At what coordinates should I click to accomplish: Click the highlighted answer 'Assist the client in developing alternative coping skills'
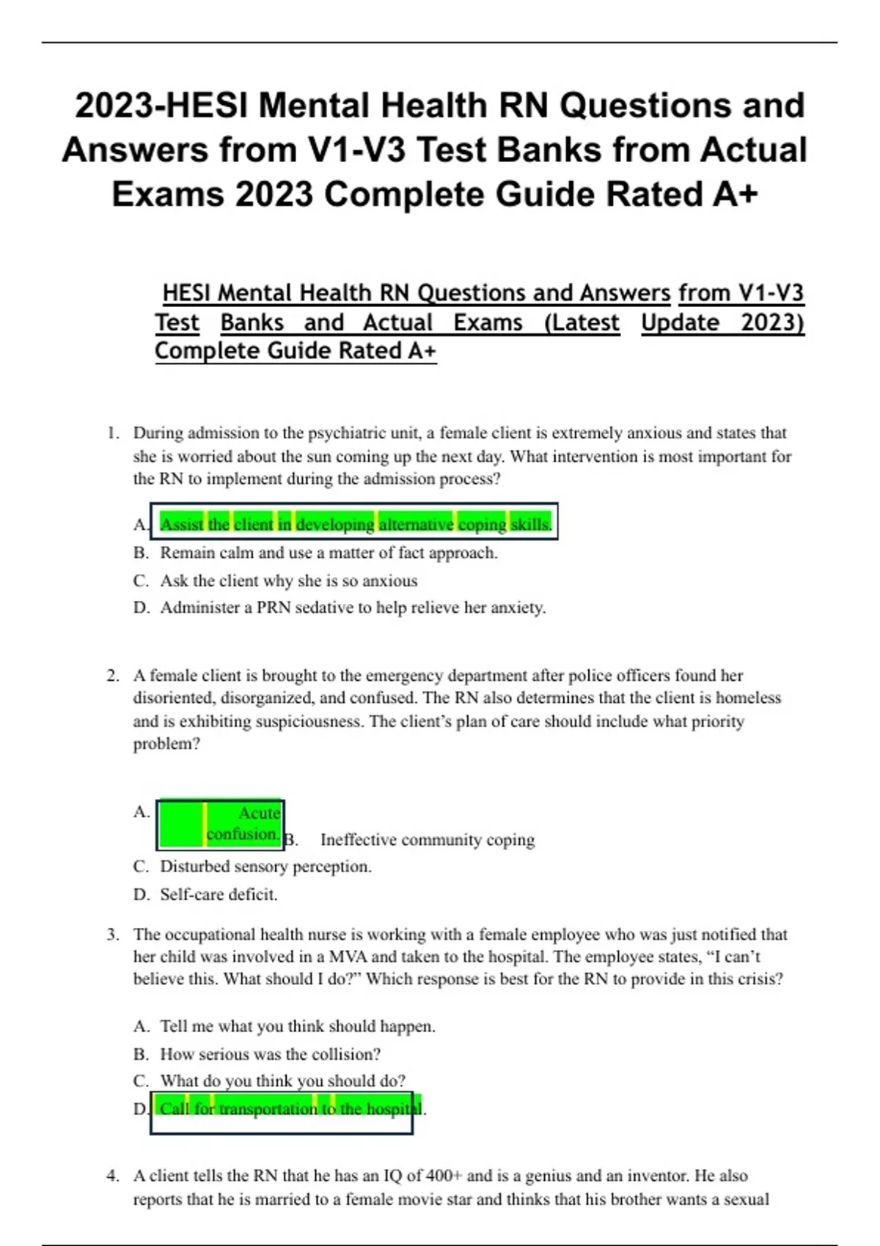click(x=355, y=524)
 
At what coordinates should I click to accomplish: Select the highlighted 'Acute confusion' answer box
click(x=221, y=824)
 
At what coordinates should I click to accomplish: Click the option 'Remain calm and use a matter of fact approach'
click(x=329, y=553)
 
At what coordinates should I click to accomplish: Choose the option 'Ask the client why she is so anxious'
click(x=288, y=580)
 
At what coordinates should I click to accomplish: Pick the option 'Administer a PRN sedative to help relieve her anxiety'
click(x=353, y=608)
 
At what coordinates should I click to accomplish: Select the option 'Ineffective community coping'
click(x=427, y=840)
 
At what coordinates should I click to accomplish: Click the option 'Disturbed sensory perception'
click(x=265, y=866)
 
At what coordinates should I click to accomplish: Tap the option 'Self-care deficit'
click(x=219, y=894)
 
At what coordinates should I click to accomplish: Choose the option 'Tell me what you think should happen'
click(x=297, y=1026)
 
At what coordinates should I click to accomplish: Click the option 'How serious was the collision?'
click(x=270, y=1054)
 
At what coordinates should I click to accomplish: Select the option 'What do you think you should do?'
click(x=282, y=1081)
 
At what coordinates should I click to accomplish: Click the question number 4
click(x=112, y=1176)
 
